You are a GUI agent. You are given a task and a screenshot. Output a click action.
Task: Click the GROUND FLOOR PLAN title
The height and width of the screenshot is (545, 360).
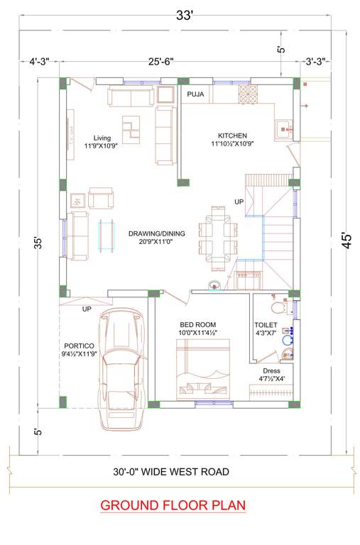coord(173,505)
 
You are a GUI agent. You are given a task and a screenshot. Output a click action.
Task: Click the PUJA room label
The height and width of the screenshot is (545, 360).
coord(195,94)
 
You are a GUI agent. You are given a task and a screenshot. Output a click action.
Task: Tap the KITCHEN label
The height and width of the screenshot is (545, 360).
coord(231,135)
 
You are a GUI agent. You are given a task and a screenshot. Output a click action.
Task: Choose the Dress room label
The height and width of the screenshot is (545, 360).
coord(271,370)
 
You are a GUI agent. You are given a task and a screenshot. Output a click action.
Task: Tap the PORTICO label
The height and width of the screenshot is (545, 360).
coord(79,347)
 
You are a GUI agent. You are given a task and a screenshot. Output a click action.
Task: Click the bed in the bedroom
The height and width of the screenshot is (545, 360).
coord(203,366)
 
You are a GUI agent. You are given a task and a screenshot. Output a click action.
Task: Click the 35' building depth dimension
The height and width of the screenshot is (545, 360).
coord(40,242)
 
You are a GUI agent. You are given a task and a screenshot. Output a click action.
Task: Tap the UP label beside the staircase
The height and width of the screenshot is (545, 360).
coord(239,202)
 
